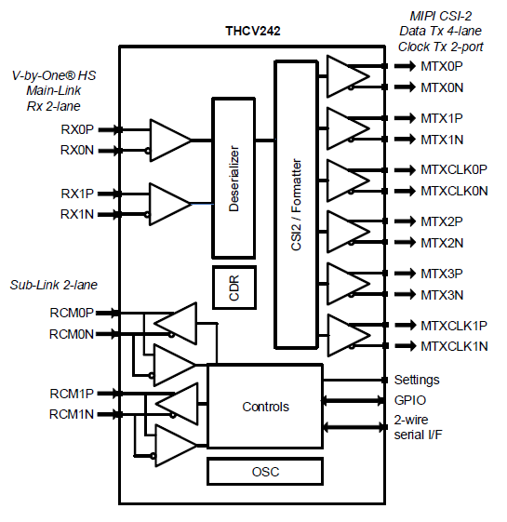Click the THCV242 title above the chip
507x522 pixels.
pos(253,31)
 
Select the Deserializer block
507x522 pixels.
pos(233,178)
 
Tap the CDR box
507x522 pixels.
pos(234,288)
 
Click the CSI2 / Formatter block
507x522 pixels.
pos(296,205)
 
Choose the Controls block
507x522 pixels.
pos(265,406)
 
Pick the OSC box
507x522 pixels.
pos(265,472)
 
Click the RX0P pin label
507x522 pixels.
pos(77,129)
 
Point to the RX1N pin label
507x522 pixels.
pos(77,214)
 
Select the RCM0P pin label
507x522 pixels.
pos(72,313)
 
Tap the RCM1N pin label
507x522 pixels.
pos(72,414)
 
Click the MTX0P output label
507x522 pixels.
pos(442,66)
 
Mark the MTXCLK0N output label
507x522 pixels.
pos(454,191)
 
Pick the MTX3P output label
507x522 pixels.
pos(442,274)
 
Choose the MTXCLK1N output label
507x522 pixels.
pos(454,346)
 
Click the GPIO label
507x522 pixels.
pos(410,400)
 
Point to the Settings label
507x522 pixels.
pos(417,380)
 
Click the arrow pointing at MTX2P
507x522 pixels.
pos(405,221)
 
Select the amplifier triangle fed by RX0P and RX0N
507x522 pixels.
pos(170,141)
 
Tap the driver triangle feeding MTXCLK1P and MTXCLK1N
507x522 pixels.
pos(348,335)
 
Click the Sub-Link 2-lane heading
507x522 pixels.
pos(54,285)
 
